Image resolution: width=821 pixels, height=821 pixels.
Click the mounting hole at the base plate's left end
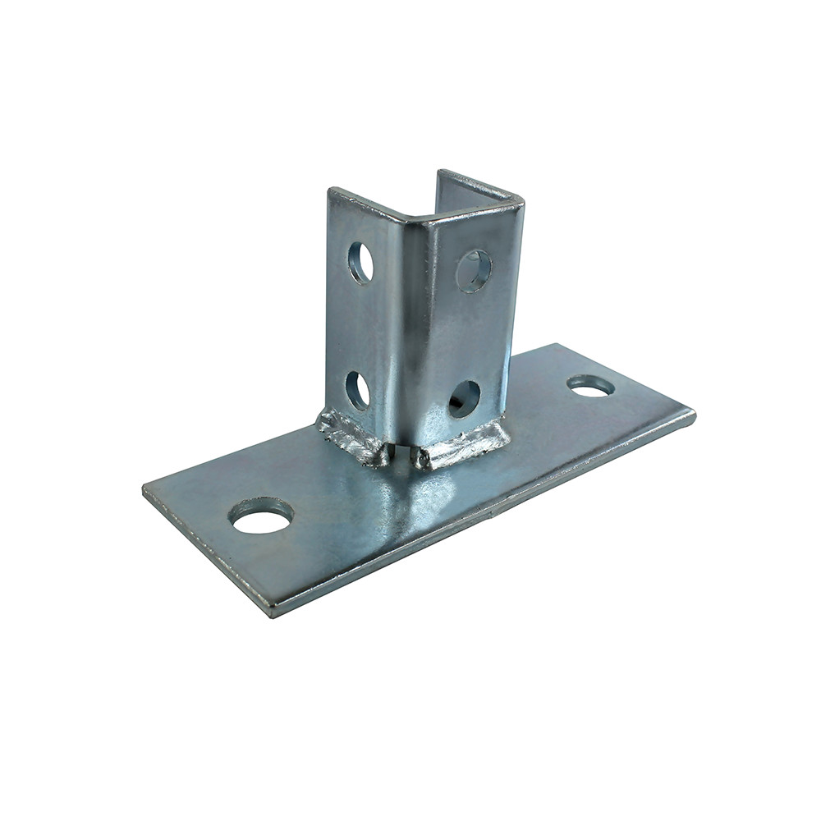pyautogui.click(x=261, y=516)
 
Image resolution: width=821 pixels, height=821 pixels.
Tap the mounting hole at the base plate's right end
pyautogui.click(x=590, y=385)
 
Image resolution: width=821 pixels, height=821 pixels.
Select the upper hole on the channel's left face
pyautogui.click(x=360, y=263)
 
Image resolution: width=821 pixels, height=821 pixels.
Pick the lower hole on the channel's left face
pyautogui.click(x=357, y=390)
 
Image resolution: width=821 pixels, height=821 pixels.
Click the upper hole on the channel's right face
pyautogui.click(x=474, y=270)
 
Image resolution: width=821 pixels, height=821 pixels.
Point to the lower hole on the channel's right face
pyautogui.click(x=464, y=398)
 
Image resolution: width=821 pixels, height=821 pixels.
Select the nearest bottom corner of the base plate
pyautogui.click(x=271, y=612)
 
